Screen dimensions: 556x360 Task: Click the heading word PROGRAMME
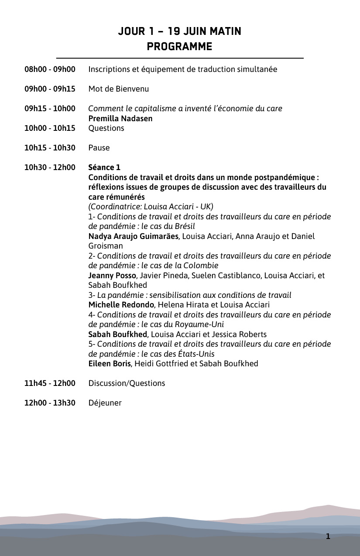point(180,47)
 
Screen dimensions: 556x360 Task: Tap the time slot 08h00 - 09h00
point(50,69)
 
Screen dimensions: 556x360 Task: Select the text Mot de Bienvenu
point(119,89)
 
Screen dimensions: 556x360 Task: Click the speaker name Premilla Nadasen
point(120,119)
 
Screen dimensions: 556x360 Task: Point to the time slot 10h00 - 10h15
point(50,128)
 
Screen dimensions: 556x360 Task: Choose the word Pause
point(99,148)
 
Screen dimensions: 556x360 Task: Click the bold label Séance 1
point(104,167)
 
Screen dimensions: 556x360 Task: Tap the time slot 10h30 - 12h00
point(50,167)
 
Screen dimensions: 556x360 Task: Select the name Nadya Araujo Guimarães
point(134,236)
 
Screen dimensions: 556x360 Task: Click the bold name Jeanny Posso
point(113,276)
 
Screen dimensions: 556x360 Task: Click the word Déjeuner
point(105,403)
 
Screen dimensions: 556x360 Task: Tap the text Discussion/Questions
point(127,383)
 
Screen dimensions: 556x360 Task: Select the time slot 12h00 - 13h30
point(50,403)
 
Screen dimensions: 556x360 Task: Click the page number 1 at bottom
point(328,536)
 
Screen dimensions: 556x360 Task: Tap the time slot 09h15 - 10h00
point(50,109)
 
